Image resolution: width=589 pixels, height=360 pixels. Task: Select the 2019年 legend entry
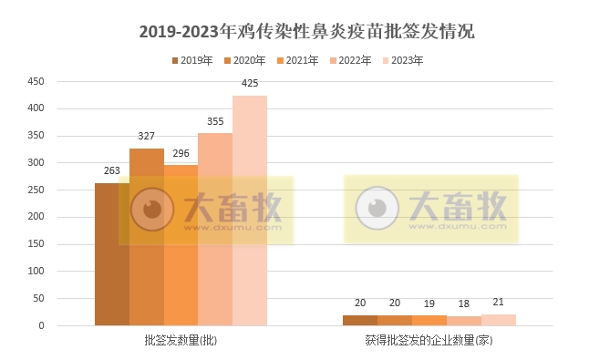(191, 61)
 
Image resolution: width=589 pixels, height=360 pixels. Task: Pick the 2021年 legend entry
(296, 61)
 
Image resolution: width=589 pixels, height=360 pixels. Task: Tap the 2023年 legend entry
(401, 61)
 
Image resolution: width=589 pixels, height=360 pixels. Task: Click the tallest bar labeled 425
(250, 211)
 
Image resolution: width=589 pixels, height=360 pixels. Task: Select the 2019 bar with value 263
(112, 254)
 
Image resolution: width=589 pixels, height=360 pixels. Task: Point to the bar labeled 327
(147, 237)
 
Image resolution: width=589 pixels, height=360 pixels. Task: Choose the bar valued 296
(181, 245)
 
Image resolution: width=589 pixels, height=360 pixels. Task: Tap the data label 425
(250, 84)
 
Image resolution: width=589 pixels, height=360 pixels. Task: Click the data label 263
(112, 171)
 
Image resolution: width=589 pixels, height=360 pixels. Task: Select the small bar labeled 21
(499, 320)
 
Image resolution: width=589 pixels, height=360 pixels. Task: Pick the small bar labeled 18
(464, 321)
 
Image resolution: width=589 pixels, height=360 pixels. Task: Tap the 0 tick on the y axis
(40, 325)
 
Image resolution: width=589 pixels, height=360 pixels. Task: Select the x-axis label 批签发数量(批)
(181, 341)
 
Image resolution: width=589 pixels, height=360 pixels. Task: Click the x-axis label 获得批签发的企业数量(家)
(429, 341)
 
